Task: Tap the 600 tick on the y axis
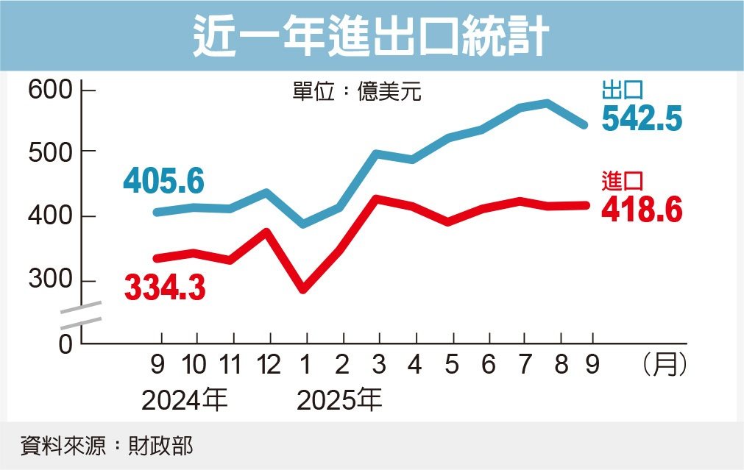pyautogui.click(x=49, y=91)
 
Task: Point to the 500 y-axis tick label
pyautogui.click(x=49, y=152)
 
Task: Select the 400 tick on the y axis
pyautogui.click(x=49, y=216)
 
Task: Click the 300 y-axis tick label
pyautogui.click(x=49, y=281)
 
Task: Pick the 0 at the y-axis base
pyautogui.click(x=65, y=343)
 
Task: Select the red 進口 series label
pyautogui.click(x=623, y=181)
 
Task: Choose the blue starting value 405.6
pyautogui.click(x=163, y=181)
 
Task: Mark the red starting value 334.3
pyautogui.click(x=165, y=287)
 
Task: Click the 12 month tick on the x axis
pyautogui.click(x=269, y=364)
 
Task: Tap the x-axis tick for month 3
pyautogui.click(x=378, y=364)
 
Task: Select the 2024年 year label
pyautogui.click(x=185, y=402)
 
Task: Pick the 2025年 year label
pyautogui.click(x=339, y=402)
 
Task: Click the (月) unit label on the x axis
pyautogui.click(x=665, y=364)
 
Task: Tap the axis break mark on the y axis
pyautogui.click(x=80, y=314)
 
